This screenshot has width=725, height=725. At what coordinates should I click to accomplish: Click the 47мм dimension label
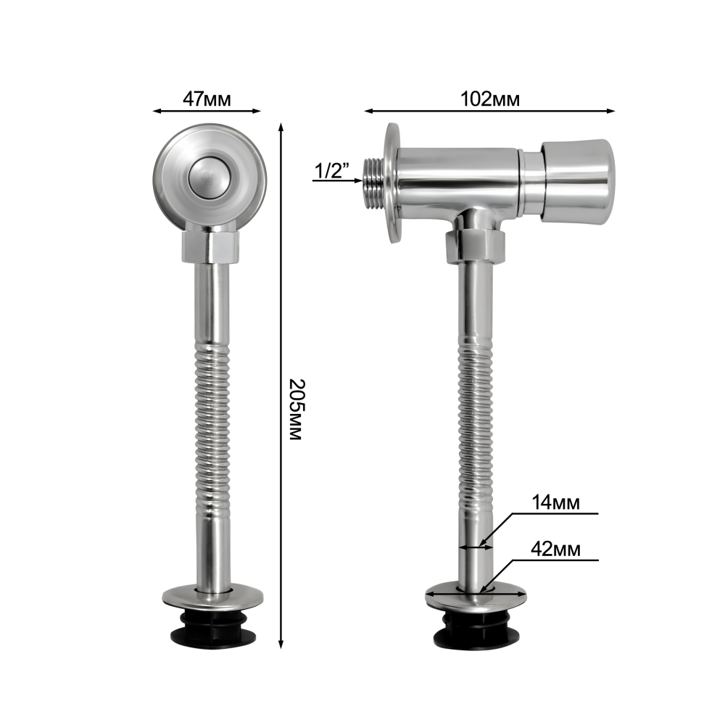207,99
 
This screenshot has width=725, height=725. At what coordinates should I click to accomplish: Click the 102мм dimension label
490,99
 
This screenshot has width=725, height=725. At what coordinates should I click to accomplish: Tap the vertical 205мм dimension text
296,410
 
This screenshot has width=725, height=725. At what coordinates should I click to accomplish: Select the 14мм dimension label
555,502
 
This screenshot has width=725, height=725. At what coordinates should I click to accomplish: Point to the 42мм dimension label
555,549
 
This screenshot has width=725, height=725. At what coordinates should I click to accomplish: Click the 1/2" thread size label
331,170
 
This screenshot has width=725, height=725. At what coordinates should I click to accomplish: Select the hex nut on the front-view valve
210,247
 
